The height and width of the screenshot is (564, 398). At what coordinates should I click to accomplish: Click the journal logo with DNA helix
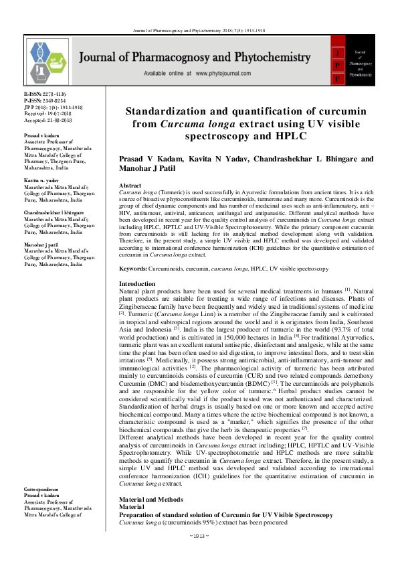click(49, 60)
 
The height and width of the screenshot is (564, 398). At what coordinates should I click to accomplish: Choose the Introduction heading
click(136, 285)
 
